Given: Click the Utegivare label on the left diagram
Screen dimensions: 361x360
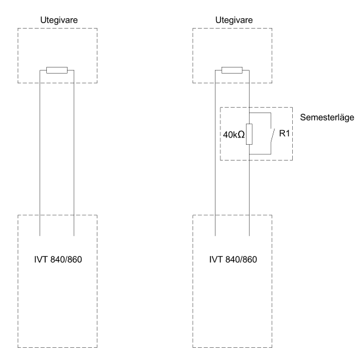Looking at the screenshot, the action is pyautogui.click(x=59, y=20).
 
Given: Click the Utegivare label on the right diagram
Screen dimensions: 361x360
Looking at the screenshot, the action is pyautogui.click(x=234, y=20).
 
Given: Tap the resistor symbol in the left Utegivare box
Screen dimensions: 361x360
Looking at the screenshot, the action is pyautogui.click(x=57, y=70).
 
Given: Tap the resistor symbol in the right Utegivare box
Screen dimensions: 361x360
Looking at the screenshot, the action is pyautogui.click(x=232, y=70).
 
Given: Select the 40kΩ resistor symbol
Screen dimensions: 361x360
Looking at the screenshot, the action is pyautogui.click(x=249, y=134).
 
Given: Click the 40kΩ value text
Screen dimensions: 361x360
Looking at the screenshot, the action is pyautogui.click(x=234, y=134).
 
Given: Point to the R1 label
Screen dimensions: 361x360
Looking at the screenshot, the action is pyautogui.click(x=284, y=133).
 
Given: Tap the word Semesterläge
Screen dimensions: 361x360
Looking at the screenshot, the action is pyautogui.click(x=327, y=117).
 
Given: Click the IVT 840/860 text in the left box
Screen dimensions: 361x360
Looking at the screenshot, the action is pyautogui.click(x=58, y=260).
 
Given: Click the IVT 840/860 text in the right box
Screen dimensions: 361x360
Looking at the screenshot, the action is pyautogui.click(x=233, y=260).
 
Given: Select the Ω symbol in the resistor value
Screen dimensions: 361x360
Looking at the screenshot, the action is pyautogui.click(x=241, y=134).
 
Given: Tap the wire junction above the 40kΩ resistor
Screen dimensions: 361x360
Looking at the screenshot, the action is pyautogui.click(x=249, y=113).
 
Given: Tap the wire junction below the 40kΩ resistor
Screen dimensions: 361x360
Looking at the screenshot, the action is pyautogui.click(x=249, y=154).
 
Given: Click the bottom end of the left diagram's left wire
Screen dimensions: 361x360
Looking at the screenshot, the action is pyautogui.click(x=40, y=235).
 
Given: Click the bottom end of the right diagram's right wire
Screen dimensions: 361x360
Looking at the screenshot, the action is pyautogui.click(x=249, y=235).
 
